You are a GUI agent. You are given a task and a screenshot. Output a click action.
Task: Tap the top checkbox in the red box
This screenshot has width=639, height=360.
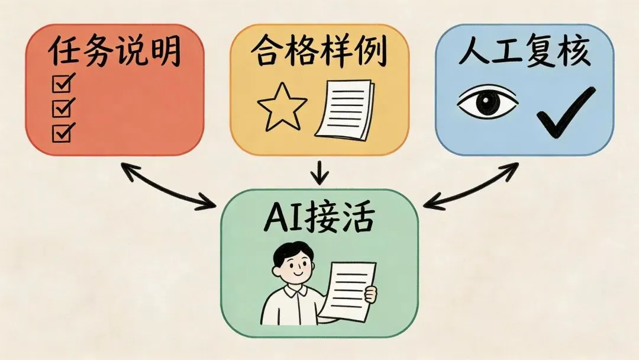pyautogui.click(x=62, y=85)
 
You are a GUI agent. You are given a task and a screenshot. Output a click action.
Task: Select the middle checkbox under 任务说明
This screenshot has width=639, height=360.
pyautogui.click(x=62, y=108)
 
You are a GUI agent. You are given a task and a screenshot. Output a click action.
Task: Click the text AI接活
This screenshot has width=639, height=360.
pyautogui.click(x=319, y=220)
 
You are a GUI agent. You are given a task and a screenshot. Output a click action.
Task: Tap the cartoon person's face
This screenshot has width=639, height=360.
pyautogui.click(x=296, y=269)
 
